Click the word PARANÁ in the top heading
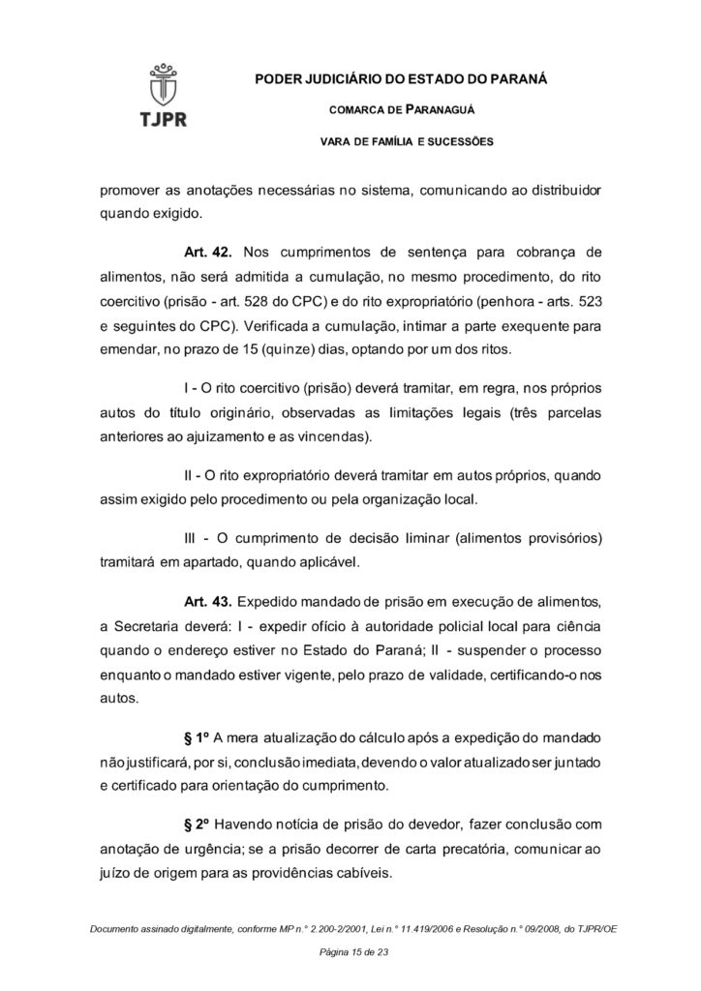517,77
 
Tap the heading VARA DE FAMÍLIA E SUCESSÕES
407,142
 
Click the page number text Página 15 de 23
350,953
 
